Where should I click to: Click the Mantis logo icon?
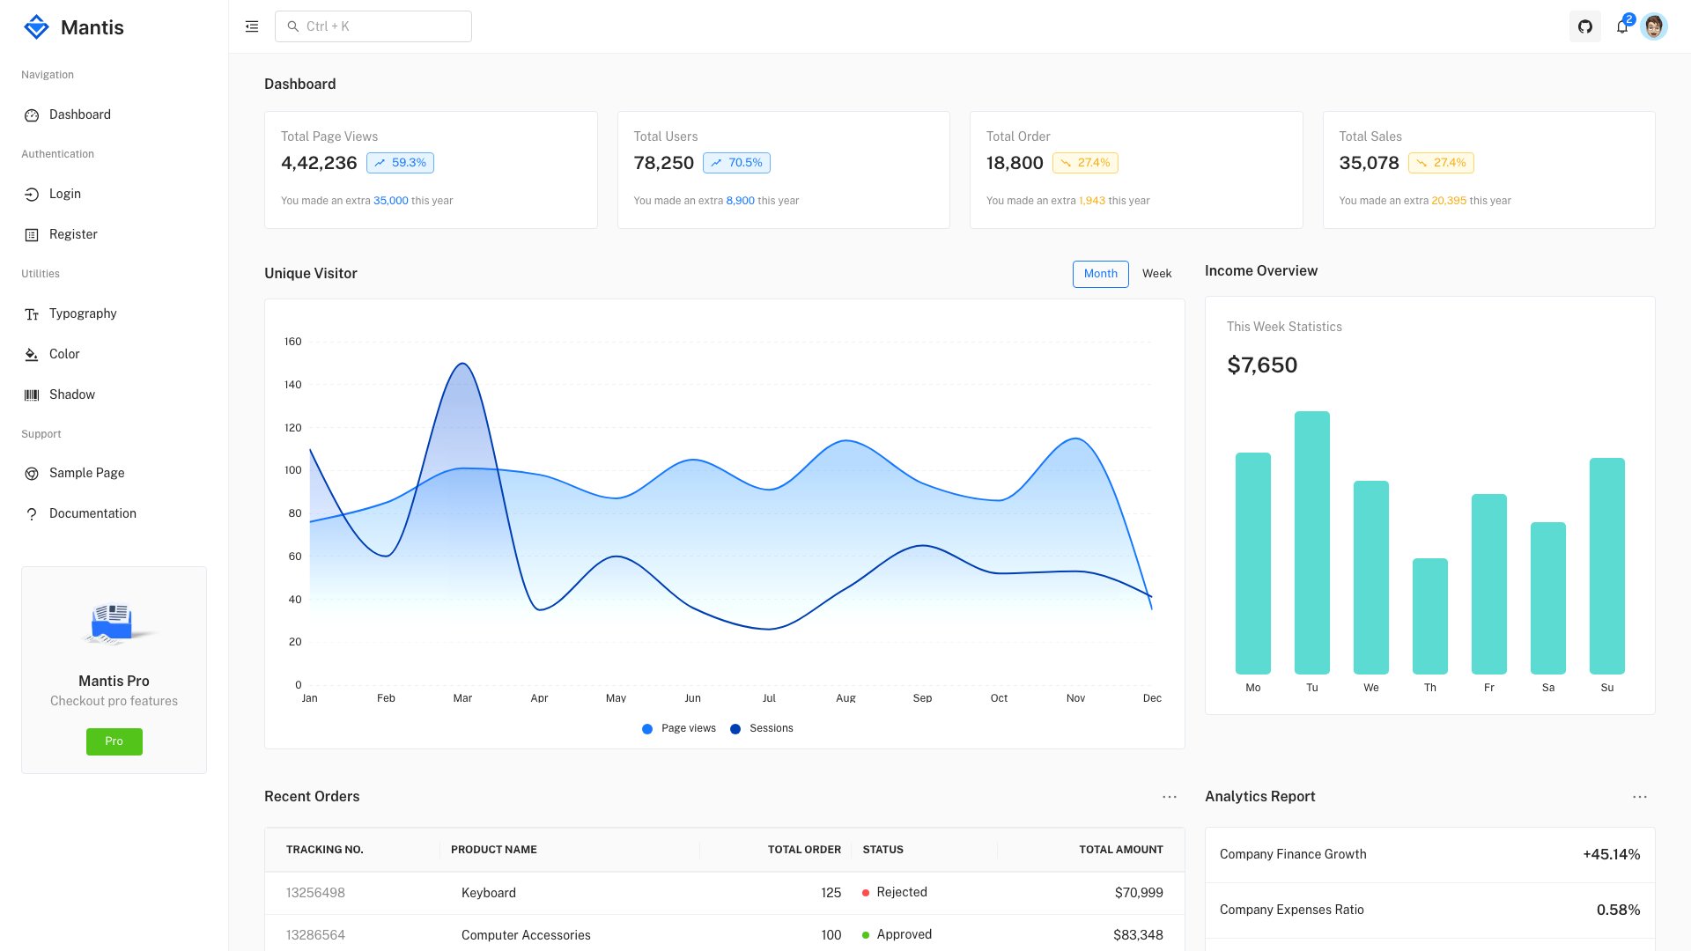tap(36, 27)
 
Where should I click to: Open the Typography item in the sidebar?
tap(82, 313)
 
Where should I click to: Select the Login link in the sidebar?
tap(64, 194)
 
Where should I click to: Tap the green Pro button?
tap(114, 741)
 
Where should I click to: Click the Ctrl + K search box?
tap(373, 26)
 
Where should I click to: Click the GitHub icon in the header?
tap(1584, 26)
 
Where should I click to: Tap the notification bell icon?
tap(1621, 27)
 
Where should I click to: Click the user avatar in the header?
tap(1654, 26)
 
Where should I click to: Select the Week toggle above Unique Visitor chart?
tap(1156, 274)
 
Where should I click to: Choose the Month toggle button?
tap(1100, 274)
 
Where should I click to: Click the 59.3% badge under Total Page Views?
tap(400, 163)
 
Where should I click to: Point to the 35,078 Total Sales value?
tap(1369, 163)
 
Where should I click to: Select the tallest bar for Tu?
tap(1311, 542)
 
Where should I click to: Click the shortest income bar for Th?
tap(1429, 616)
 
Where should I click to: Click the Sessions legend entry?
tap(762, 728)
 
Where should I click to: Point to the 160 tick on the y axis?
tap(292, 342)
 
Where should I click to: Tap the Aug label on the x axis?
tap(845, 697)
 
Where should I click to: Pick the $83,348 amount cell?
tap(1137, 934)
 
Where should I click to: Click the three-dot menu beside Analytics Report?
tap(1639, 797)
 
